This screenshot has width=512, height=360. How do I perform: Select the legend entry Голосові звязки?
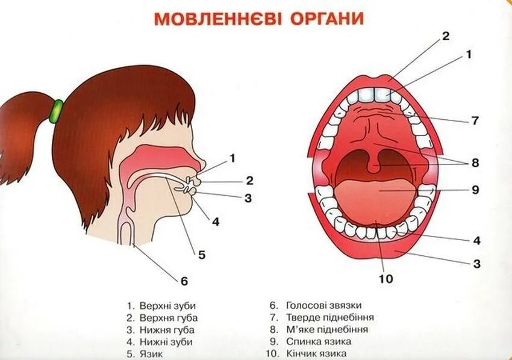pyautogui.click(x=323, y=305)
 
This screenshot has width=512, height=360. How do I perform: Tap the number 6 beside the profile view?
pyautogui.click(x=184, y=281)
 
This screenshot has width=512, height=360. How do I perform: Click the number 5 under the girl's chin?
pyautogui.click(x=202, y=255)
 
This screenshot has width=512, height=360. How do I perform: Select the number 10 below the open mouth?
pyautogui.click(x=385, y=279)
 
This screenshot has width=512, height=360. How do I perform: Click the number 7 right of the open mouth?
pyautogui.click(x=475, y=121)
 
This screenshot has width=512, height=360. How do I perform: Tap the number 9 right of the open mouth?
pyautogui.click(x=475, y=190)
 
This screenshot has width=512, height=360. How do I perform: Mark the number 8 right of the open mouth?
pyautogui.click(x=475, y=163)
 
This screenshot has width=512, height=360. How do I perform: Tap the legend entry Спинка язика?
pyautogui.click(x=319, y=341)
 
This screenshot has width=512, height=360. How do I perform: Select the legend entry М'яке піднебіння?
pyautogui.click(x=327, y=329)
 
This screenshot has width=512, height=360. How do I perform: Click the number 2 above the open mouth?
pyautogui.click(x=445, y=36)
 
